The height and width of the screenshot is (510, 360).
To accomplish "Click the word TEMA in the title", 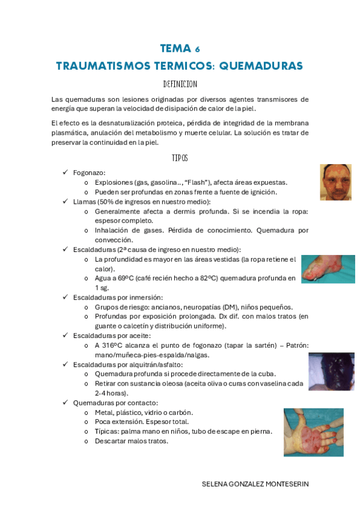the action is tap(175, 49).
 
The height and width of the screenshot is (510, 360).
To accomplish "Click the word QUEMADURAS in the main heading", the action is tap(261, 66).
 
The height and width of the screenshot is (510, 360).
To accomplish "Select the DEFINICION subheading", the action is tap(180, 84).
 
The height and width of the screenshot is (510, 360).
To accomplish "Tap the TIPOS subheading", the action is tap(180, 158).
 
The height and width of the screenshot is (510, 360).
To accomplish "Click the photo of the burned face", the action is tap(335, 182).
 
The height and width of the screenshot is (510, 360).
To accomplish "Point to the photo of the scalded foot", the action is tap(328, 269).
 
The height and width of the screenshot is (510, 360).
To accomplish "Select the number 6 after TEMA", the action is tap(198, 49).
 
